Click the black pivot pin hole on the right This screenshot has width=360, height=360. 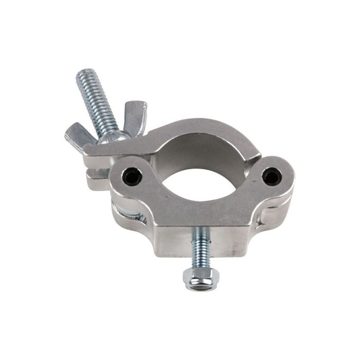pos(271,176)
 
